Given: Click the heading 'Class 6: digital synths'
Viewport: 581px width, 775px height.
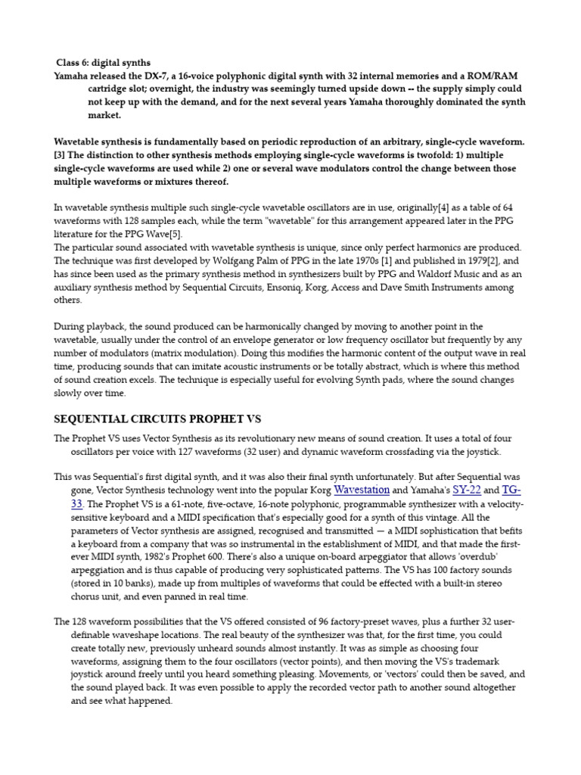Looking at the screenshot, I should [103, 62].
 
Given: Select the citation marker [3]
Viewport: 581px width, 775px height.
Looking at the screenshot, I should [61, 154].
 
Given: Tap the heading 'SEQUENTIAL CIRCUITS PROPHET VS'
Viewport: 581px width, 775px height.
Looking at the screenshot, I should [157, 419].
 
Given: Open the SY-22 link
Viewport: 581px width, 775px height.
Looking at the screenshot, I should [466, 490].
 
